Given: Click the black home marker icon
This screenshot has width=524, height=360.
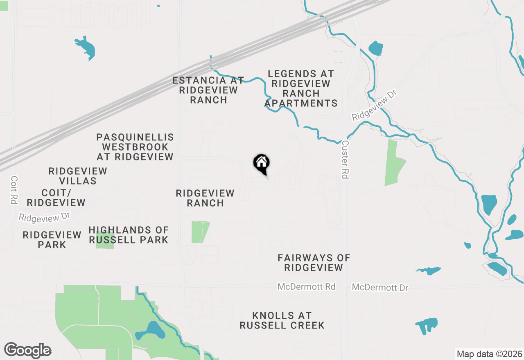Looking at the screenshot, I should click(x=261, y=164).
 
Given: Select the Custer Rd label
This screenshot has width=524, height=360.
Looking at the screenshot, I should click(x=345, y=160).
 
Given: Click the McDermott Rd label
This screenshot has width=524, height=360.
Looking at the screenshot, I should click(x=306, y=287).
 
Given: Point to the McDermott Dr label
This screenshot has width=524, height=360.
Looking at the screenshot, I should click(x=380, y=288).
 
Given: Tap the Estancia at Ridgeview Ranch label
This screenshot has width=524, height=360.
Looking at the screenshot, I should click(x=208, y=90).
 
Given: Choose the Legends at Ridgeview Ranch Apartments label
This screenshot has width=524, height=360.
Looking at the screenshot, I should click(x=301, y=88).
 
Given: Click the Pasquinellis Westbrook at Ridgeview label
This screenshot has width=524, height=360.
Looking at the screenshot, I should click(x=135, y=146).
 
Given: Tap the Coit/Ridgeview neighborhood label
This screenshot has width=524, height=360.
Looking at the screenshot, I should click(x=56, y=198).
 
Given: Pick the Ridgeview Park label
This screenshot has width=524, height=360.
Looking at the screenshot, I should click(x=52, y=240).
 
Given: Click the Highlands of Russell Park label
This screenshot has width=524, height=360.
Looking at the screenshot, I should click(x=129, y=235).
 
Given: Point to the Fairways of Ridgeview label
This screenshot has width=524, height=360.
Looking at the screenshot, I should click(x=314, y=263).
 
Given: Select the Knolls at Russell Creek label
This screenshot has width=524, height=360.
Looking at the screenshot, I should click(x=282, y=320).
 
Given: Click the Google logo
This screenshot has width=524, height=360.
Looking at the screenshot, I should click(x=28, y=351).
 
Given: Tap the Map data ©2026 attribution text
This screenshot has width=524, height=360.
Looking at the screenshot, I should click(x=489, y=354).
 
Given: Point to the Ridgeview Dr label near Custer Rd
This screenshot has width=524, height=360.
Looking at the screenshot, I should click(x=375, y=106).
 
